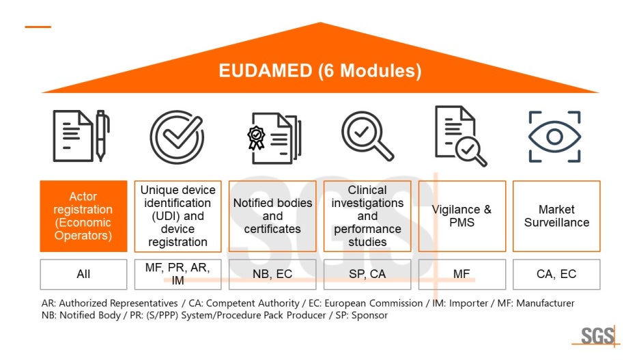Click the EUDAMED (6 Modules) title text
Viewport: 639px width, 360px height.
coord(319,71)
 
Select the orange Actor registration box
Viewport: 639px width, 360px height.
coord(83,216)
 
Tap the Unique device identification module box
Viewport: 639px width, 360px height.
coord(177,216)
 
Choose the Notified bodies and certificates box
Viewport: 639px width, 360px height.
coord(272,216)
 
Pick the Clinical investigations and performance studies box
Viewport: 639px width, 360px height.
coord(367,216)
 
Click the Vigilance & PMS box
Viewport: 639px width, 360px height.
coord(461,216)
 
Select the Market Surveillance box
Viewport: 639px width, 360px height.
coord(556,216)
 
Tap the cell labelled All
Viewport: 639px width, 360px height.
coord(83,274)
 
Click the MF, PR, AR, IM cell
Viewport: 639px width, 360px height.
coord(177,274)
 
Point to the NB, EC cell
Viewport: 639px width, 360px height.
coord(272,274)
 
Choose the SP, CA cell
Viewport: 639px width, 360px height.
coord(367,274)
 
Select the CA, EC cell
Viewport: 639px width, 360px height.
coord(556,274)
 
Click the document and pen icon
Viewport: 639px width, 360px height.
coord(81,136)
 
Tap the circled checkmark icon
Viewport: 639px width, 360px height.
coord(177,137)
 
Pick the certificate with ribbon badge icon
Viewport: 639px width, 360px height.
coord(272,137)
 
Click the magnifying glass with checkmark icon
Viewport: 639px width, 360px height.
coord(367,136)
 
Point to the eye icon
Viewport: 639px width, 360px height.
coord(554,137)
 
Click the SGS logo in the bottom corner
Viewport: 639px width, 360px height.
coord(597,336)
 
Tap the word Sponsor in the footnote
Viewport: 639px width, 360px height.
coord(369,316)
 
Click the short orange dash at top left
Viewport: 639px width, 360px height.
coord(38,27)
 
